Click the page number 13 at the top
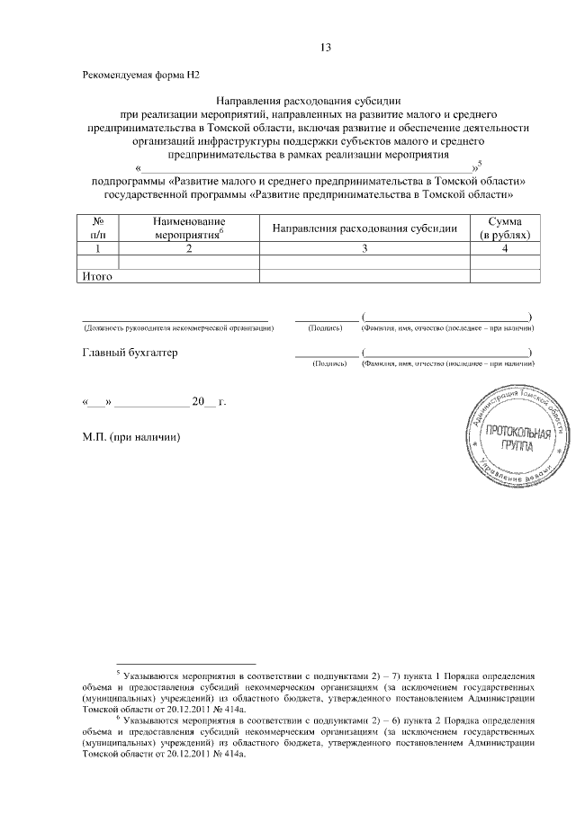[x=326, y=47]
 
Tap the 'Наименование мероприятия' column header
[x=189, y=227]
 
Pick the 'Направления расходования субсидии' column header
[x=364, y=228]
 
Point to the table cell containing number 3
[x=364, y=248]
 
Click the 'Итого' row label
[x=96, y=276]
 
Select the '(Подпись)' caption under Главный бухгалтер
[x=325, y=363]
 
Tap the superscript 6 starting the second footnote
[x=119, y=718]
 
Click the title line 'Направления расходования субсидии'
[x=309, y=102]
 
